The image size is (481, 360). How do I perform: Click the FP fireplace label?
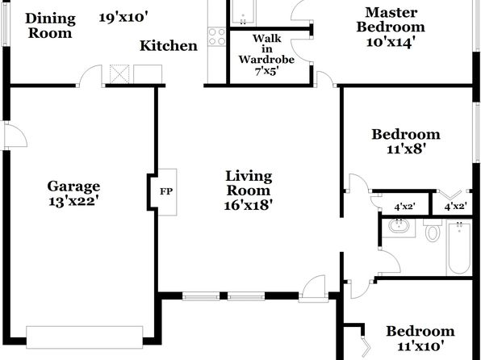166,192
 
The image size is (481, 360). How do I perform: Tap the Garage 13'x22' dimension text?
73,201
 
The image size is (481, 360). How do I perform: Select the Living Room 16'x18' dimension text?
249,205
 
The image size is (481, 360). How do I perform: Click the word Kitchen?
169,46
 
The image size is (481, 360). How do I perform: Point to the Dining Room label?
50,26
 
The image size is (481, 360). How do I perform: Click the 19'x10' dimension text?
123,18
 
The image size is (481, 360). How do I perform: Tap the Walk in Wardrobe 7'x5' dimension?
266,72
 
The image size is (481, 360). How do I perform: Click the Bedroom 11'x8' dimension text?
405,149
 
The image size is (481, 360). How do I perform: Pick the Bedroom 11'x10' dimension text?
421,346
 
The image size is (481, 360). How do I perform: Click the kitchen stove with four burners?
217,37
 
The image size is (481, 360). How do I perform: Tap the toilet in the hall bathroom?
433,230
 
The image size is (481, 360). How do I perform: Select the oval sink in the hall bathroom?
399,227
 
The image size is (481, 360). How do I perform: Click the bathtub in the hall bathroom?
459,248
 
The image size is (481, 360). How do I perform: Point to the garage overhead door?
85,337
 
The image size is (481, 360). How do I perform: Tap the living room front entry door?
313,287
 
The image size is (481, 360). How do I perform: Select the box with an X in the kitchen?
119,74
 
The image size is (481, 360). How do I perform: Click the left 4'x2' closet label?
405,207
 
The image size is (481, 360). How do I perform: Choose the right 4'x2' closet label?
456,207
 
